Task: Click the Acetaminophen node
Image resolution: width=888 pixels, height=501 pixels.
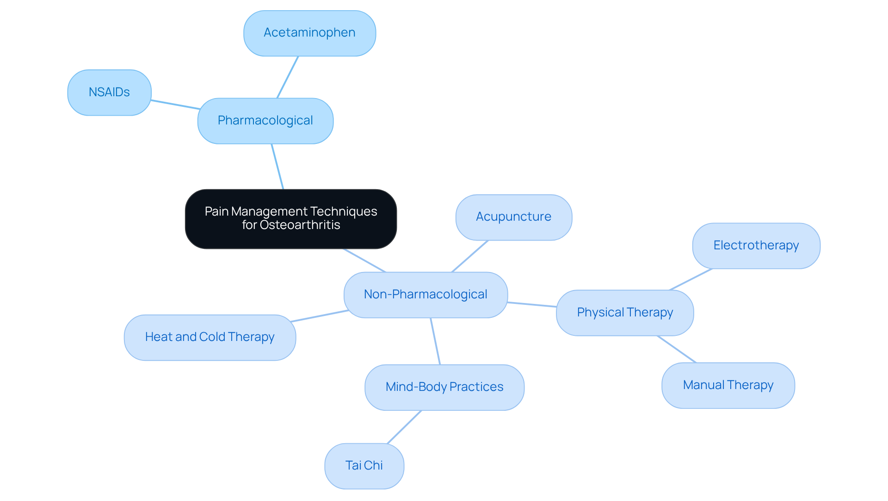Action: coord(309,33)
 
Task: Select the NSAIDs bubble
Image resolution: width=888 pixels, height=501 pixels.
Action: coord(109,92)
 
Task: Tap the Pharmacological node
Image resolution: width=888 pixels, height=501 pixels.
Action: coord(265,121)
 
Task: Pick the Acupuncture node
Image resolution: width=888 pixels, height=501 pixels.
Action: coord(513,217)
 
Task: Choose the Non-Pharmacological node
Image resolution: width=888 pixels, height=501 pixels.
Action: coord(425,295)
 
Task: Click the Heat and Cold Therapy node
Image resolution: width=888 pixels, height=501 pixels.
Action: coord(210,337)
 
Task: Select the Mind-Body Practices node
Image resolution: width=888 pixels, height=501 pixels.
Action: coord(444,387)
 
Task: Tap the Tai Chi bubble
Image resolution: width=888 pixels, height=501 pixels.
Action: coord(364,465)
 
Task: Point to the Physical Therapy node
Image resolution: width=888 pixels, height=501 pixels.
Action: coord(624,313)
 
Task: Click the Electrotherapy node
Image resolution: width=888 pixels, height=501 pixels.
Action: coord(756,246)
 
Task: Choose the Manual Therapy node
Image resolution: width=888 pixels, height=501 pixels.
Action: coord(728,385)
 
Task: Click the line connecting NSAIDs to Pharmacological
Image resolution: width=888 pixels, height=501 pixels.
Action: coord(175,105)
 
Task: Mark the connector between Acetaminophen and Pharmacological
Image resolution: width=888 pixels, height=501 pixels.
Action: coord(288,77)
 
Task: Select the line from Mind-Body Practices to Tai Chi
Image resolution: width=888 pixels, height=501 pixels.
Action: coord(404,427)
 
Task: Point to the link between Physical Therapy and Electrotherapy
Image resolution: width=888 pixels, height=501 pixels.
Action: coord(691,279)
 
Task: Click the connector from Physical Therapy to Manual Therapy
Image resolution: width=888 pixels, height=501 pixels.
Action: coord(677,349)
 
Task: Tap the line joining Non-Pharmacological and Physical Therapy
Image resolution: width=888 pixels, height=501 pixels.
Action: coord(532,304)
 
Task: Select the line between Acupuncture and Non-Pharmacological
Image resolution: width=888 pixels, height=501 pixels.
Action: coord(470,256)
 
